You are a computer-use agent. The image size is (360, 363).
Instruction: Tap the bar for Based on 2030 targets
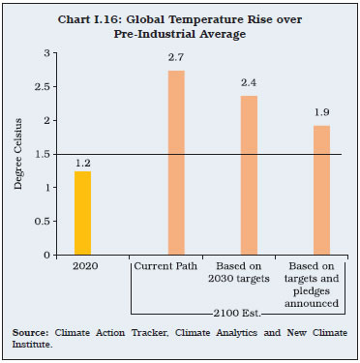pos(249,175)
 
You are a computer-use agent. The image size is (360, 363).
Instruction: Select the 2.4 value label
pos(249,84)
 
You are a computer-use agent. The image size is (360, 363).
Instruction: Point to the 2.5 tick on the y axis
pos(41,87)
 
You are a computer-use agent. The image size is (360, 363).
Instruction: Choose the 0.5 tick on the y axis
pos(41,222)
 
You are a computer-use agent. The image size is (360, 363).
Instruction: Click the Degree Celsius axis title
pos(18,155)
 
